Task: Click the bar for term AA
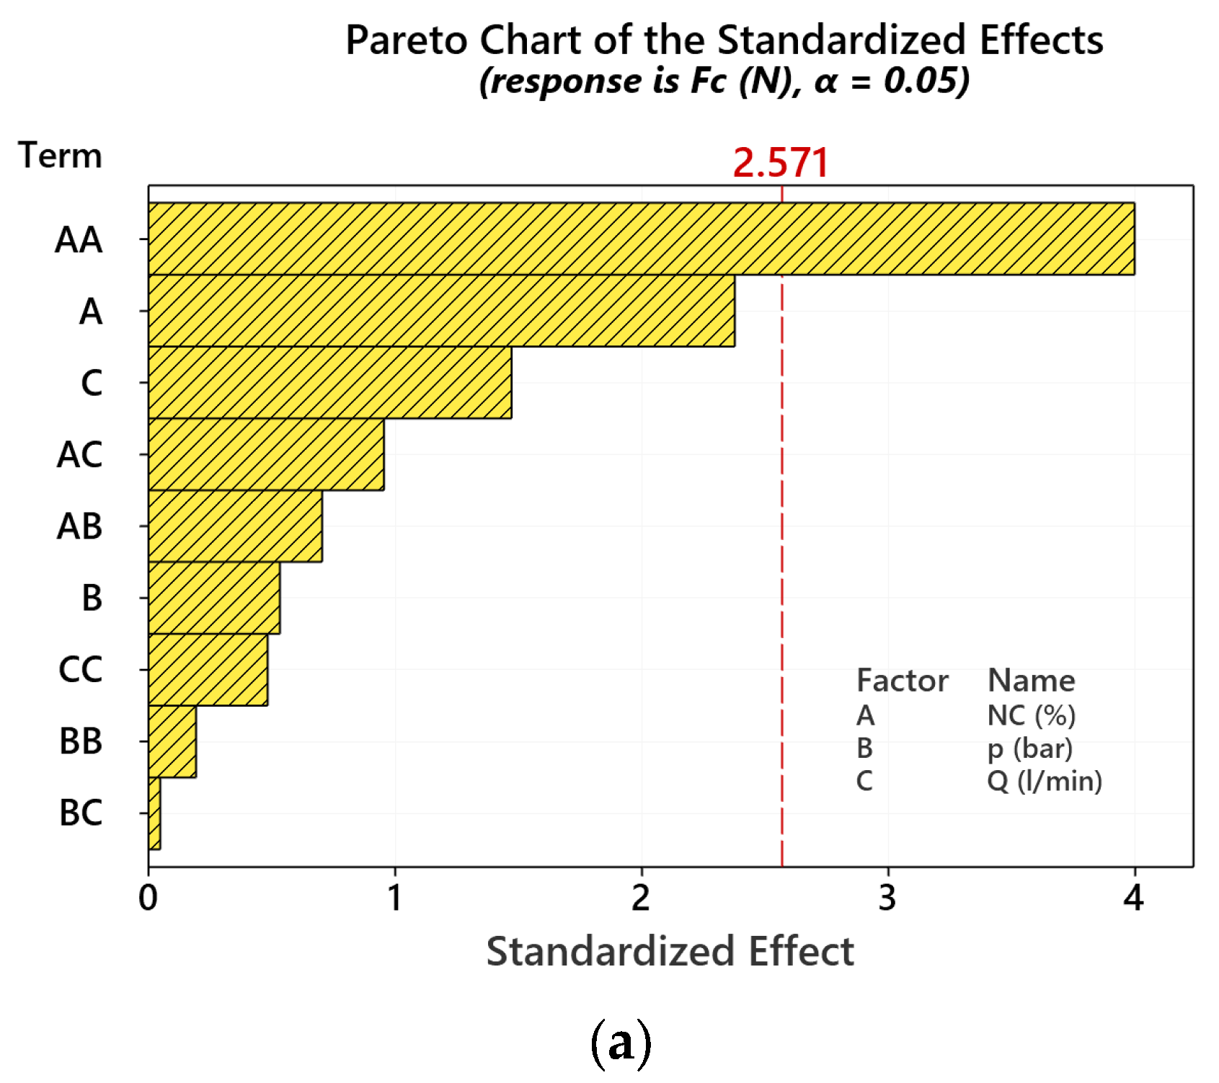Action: [641, 239]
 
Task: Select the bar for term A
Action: [441, 311]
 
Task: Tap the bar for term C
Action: [329, 382]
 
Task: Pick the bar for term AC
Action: [266, 454]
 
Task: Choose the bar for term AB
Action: [235, 526]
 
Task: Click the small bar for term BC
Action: [154, 813]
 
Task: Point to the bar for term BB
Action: [172, 741]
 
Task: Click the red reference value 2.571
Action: [781, 162]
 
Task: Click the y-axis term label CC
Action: [81, 670]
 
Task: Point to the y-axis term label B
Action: [92, 598]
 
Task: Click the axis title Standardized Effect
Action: [670, 951]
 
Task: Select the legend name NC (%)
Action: [1031, 715]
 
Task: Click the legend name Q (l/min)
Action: [1045, 781]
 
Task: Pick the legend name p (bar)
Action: [1029, 748]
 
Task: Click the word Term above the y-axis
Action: [61, 156]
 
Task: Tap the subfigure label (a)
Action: [621, 1043]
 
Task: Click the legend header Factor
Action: [902, 681]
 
